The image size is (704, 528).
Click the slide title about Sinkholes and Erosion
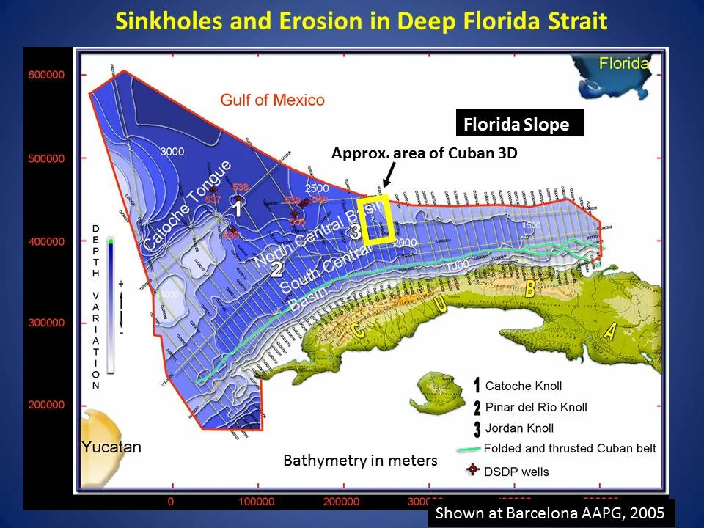[362, 21]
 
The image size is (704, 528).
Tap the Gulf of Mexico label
[273, 100]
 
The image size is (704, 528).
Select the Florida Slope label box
[516, 125]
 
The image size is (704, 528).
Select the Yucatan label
[112, 447]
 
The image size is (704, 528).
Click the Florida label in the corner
[624, 63]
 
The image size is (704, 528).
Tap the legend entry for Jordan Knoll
[518, 428]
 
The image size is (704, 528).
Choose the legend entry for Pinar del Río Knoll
[535, 407]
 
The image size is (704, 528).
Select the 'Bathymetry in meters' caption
[359, 461]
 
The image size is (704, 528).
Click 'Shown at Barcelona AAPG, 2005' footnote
[550, 513]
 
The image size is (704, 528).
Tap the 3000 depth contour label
[172, 152]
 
